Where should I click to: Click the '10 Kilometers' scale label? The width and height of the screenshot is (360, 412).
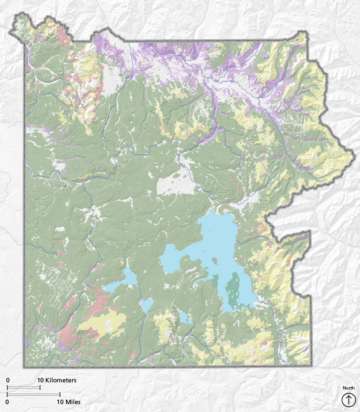(x=57, y=380)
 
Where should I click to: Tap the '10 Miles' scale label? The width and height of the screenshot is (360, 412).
(x=68, y=402)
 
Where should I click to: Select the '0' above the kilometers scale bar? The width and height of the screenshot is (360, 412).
(x=7, y=380)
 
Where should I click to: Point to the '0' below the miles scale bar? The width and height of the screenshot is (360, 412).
(x=7, y=402)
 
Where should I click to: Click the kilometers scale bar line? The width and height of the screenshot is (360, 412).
(x=24, y=387)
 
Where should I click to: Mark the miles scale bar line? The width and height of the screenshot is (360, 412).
(x=33, y=394)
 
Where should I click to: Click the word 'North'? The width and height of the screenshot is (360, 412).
(x=348, y=388)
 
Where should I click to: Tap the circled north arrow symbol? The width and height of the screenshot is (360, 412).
(x=348, y=400)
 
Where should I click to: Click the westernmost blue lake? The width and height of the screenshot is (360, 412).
(x=122, y=281)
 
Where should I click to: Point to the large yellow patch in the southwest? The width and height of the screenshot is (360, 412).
(x=103, y=322)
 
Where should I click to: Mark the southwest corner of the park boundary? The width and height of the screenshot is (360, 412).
(x=25, y=366)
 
